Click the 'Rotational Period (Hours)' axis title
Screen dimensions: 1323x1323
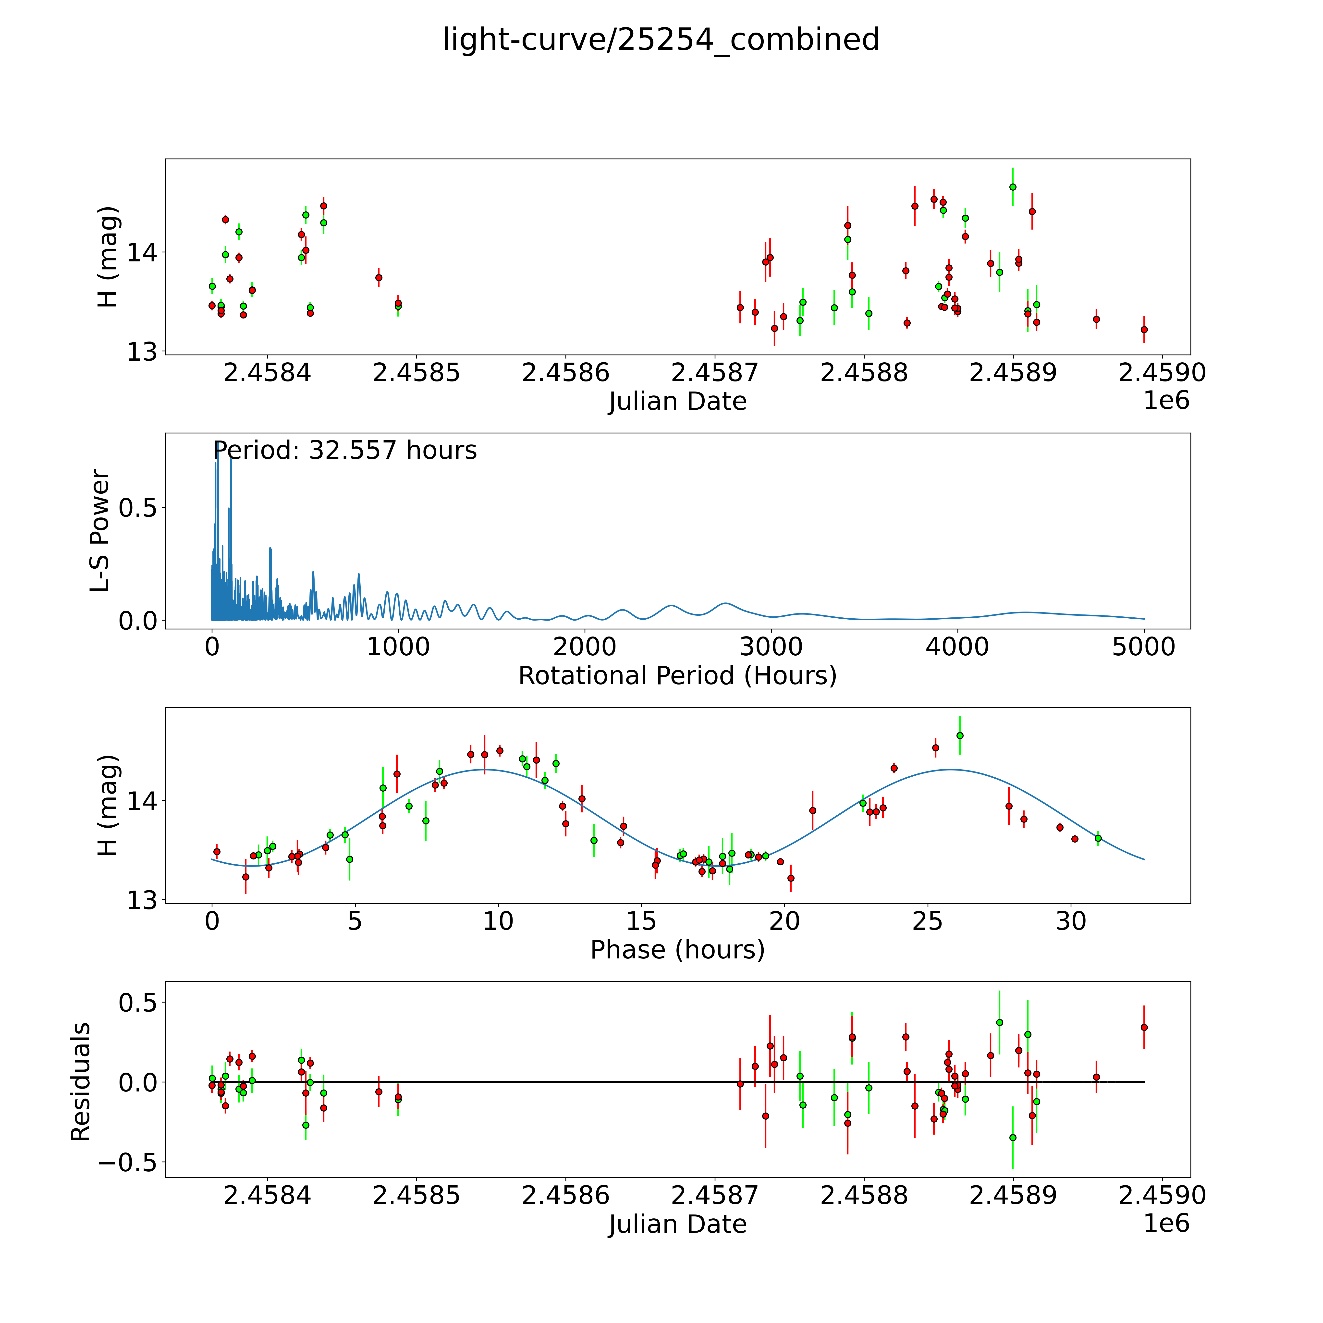(x=677, y=676)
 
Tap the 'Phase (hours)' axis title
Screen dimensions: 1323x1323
(x=677, y=950)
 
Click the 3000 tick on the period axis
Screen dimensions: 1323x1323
(x=771, y=647)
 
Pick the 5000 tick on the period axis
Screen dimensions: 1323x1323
(x=1144, y=647)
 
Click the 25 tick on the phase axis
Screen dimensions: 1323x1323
(x=927, y=922)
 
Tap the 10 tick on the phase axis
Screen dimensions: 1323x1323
(x=498, y=922)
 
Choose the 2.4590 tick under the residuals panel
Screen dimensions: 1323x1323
(x=1162, y=1196)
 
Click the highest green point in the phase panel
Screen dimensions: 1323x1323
(x=960, y=735)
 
